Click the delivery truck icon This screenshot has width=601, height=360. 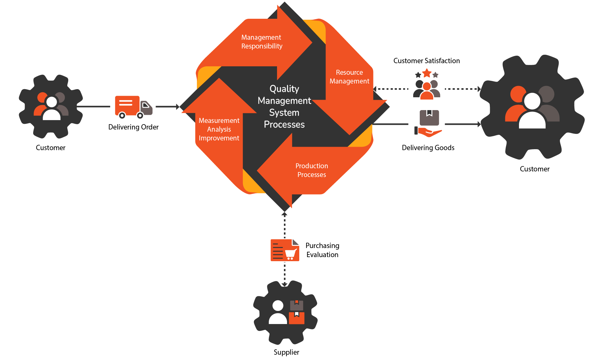click(x=134, y=107)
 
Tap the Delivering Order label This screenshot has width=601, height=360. click(x=133, y=127)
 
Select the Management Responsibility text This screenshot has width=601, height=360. click(x=262, y=42)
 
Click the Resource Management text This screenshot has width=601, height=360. click(x=349, y=77)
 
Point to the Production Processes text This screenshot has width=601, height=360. click(x=312, y=170)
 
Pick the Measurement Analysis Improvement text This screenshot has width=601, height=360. click(x=219, y=129)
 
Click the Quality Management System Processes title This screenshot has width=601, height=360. click(x=284, y=106)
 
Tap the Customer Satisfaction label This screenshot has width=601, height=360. click(x=427, y=61)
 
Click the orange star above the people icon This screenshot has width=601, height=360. click(x=427, y=73)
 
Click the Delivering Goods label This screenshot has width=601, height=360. click(x=428, y=148)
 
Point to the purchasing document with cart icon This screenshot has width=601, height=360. click(x=285, y=250)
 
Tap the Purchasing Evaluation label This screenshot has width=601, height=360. click(x=322, y=250)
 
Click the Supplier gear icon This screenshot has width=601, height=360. click(x=285, y=312)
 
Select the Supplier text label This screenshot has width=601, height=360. click(x=286, y=352)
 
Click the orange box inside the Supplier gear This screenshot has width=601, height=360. click(x=296, y=318)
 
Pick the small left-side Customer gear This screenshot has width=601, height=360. click(x=51, y=107)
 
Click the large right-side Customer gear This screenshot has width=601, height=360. click(x=532, y=107)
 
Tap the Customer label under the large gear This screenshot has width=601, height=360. click(x=535, y=169)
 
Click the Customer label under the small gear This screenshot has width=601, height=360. click(x=51, y=148)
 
